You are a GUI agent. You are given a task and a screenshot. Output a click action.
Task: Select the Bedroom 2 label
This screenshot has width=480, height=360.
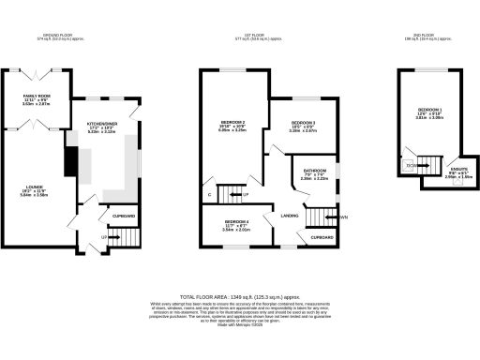232,124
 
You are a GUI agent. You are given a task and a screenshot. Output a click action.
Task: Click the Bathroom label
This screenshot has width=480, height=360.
313,172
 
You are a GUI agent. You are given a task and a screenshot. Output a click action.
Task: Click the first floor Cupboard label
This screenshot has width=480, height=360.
322,238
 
